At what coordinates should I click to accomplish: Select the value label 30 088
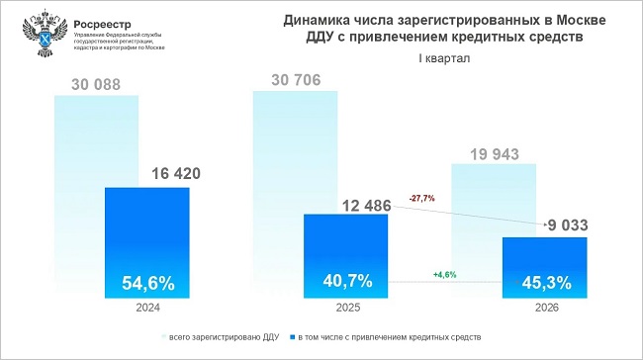(x=95, y=84)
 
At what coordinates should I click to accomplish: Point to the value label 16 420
(x=176, y=173)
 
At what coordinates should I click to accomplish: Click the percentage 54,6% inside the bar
(x=147, y=283)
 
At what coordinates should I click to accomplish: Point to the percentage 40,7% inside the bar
(x=347, y=280)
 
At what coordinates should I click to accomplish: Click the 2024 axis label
(x=148, y=309)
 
